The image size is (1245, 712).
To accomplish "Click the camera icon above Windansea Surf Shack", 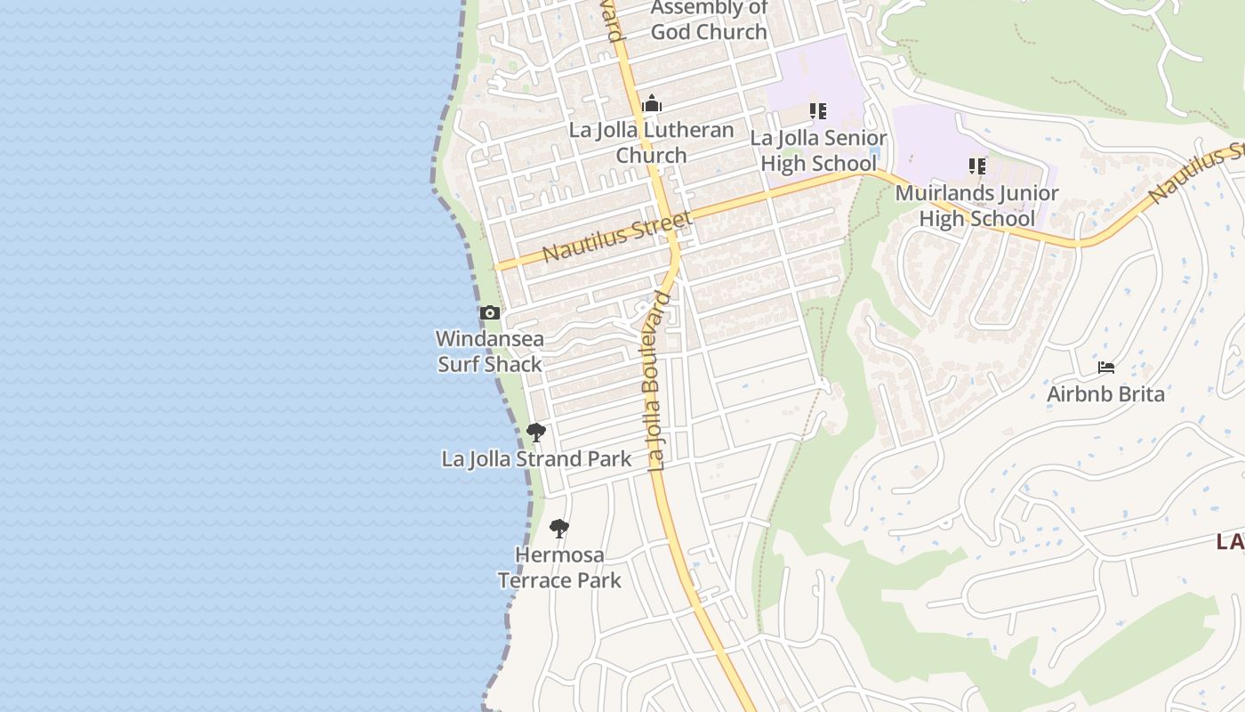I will click(489, 313).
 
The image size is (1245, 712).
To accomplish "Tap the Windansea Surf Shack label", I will click(490, 352).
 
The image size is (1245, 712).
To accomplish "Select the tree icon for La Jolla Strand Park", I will click(535, 433).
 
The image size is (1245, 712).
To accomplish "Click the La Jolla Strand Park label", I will click(536, 459).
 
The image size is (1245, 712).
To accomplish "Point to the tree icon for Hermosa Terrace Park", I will click(558, 529).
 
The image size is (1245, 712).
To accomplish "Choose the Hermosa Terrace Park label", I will click(559, 568).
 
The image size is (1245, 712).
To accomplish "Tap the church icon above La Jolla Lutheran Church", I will click(652, 104).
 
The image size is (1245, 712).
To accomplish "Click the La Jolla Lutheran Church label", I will click(652, 142).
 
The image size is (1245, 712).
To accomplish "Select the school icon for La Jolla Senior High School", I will click(817, 112).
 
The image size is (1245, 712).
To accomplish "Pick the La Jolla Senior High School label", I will click(818, 151).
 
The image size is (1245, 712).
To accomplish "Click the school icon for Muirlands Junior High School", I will click(977, 166).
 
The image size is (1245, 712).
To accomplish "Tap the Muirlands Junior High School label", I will click(976, 206).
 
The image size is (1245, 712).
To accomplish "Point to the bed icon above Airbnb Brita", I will click(1106, 368).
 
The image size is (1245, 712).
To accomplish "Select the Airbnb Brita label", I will click(1105, 394).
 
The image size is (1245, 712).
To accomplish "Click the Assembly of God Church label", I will click(709, 20).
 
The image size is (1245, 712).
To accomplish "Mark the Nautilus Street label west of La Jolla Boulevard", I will click(615, 237).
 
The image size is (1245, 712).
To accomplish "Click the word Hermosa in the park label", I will click(559, 555).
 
